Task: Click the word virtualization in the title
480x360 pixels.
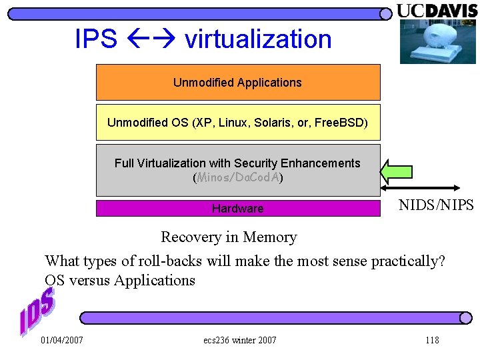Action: (x=258, y=39)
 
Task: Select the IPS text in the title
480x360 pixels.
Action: (x=96, y=39)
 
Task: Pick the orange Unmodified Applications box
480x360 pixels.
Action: (x=238, y=82)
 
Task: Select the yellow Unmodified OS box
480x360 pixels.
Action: (x=238, y=122)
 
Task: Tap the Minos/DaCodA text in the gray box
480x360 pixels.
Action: (x=238, y=178)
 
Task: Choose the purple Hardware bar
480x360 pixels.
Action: (x=238, y=208)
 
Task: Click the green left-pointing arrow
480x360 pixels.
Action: (x=396, y=171)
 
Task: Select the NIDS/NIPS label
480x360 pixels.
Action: (x=436, y=205)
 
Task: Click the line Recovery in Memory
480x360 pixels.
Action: (x=229, y=237)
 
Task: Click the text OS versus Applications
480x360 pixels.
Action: (x=120, y=280)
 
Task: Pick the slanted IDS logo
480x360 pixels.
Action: (x=37, y=310)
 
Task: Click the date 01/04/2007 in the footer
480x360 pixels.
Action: (x=62, y=340)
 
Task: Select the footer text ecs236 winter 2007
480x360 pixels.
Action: (x=239, y=340)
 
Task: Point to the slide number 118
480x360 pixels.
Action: (x=432, y=340)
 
